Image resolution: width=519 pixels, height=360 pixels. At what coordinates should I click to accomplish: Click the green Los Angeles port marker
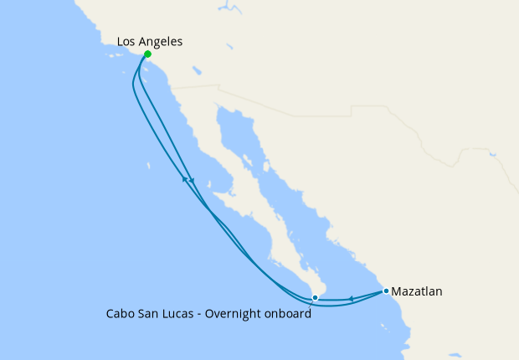(147, 54)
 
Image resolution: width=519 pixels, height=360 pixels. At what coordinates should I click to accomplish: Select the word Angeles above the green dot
(162, 41)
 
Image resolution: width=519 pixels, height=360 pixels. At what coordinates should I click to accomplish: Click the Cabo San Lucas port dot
(315, 297)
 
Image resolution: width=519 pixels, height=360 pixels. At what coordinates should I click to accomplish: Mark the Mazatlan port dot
(386, 291)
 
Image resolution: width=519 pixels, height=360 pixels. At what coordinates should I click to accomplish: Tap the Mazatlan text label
(417, 291)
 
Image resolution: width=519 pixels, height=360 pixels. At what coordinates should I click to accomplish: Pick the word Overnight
(239, 314)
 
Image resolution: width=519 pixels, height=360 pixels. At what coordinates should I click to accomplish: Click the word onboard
(290, 314)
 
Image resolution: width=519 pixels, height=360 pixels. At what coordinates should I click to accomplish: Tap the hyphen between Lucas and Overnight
(203, 315)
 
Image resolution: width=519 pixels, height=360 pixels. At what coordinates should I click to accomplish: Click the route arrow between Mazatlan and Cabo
(351, 298)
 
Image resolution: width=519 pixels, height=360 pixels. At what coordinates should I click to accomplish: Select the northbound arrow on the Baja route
(184, 178)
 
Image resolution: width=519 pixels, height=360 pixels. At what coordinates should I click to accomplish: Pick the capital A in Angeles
(144, 41)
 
